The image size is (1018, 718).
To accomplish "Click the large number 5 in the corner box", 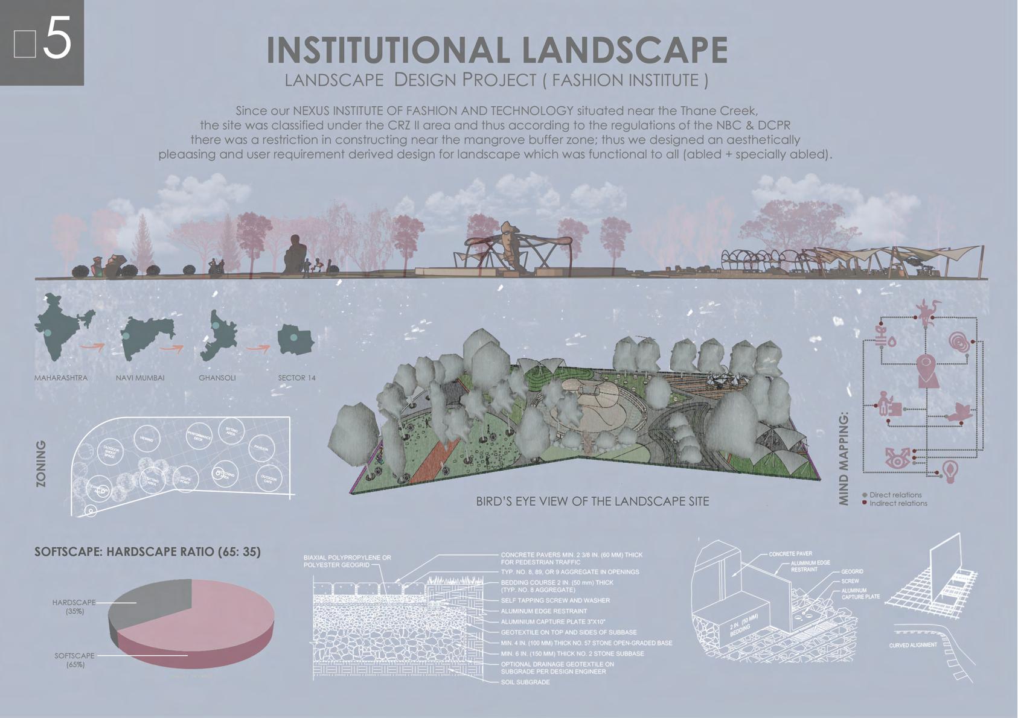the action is point(57,39).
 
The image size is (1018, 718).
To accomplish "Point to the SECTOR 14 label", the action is point(296,378).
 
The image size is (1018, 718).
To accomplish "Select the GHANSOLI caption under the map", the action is point(217,378).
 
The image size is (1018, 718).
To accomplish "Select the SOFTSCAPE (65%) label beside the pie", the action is point(75,659).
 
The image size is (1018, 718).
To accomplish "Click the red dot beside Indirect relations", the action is point(865,503).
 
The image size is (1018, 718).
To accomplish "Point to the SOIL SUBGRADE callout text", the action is point(525,682).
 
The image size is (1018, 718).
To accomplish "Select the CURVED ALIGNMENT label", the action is point(913,645).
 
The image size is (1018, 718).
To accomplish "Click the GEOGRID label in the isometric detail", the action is point(852,571).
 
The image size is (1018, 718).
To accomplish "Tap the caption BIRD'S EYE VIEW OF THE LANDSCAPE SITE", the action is point(592,501).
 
